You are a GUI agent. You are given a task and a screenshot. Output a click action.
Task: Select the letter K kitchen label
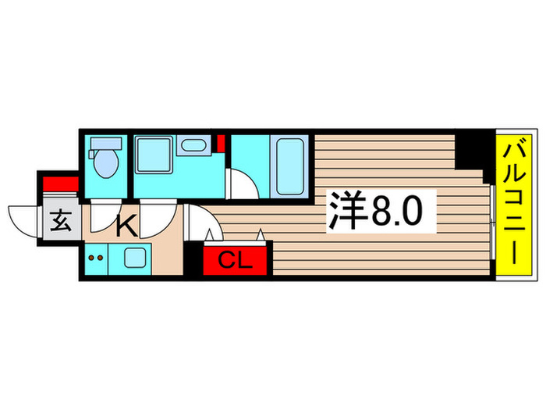click(126, 227)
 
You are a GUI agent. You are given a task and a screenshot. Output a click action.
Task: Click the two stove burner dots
click(95, 256)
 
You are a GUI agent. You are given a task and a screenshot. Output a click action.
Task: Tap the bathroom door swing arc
click(242, 186)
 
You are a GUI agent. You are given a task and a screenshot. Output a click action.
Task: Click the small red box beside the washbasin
click(222, 144)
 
